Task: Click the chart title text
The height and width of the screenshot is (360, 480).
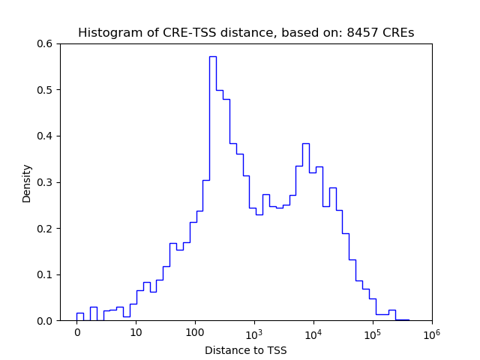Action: [246, 33]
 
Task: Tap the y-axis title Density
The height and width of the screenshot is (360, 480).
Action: [27, 182]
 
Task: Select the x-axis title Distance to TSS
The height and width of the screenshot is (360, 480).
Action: [245, 349]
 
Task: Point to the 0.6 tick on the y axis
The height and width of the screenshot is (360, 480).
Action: [46, 43]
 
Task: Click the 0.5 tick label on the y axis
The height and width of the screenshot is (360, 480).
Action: [46, 90]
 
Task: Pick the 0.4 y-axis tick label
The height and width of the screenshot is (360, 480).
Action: [46, 136]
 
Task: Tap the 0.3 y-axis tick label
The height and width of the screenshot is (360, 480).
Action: [46, 182]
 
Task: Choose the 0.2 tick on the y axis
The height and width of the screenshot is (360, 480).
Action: [46, 229]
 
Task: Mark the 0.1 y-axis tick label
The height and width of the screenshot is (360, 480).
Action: [46, 274]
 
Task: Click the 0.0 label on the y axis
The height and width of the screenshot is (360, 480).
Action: [46, 321]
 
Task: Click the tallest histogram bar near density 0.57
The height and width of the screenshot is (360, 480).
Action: [212, 187]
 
